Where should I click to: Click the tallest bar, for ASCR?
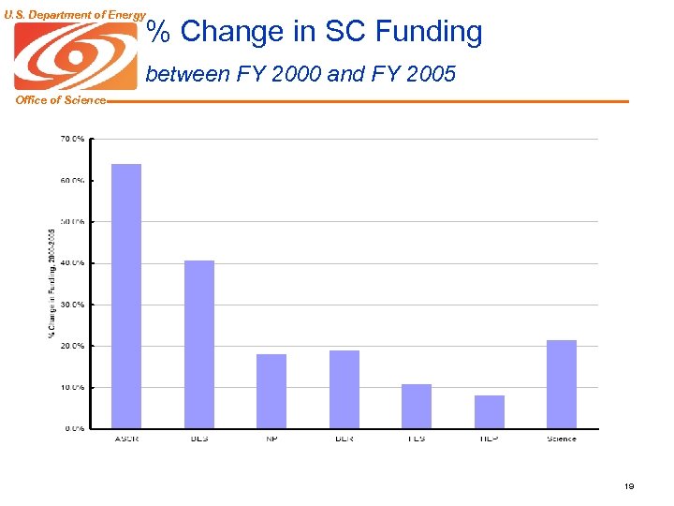click(x=126, y=296)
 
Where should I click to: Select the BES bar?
click(x=198, y=344)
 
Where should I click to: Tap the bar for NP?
click(x=271, y=391)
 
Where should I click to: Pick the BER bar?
click(x=344, y=389)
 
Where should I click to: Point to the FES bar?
click(x=417, y=406)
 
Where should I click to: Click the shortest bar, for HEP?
click(x=489, y=411)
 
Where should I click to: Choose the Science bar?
click(x=562, y=384)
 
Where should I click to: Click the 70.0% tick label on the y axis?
click(x=72, y=139)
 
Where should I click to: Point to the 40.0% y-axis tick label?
click(x=72, y=263)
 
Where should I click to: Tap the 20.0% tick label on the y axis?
click(x=72, y=346)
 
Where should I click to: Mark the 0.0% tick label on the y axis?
click(x=74, y=428)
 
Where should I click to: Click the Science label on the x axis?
click(x=562, y=439)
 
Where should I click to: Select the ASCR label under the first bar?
click(x=126, y=439)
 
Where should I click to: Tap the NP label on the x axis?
click(x=271, y=439)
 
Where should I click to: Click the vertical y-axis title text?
click(x=51, y=283)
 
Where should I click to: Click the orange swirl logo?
click(x=75, y=56)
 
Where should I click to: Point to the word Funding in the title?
click(x=428, y=32)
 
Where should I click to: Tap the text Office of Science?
click(x=61, y=100)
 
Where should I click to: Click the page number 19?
click(x=629, y=486)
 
